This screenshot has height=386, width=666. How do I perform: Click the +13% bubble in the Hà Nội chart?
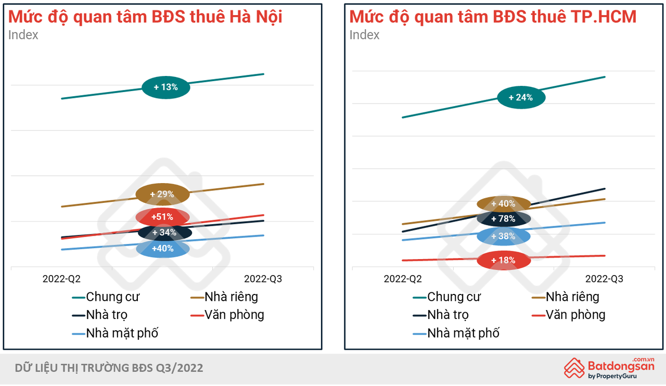(166, 87)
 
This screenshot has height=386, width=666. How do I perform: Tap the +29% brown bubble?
(162, 194)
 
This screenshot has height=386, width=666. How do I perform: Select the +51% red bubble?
(162, 217)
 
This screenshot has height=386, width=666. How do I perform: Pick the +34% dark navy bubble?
(164, 233)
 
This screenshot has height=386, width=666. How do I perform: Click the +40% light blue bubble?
(162, 249)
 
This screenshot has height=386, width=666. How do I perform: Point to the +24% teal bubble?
(521, 97)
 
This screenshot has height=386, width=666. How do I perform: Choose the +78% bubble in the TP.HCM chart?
(503, 219)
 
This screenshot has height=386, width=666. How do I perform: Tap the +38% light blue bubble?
(503, 236)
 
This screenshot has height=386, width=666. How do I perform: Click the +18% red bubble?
(503, 260)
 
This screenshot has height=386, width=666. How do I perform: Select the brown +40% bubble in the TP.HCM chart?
(503, 203)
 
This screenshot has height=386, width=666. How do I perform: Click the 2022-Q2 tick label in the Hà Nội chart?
(61, 279)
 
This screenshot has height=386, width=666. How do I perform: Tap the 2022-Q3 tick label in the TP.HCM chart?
(604, 279)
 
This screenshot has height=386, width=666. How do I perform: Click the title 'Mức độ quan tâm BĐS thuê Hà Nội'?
(145, 17)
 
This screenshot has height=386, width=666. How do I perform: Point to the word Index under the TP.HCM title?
(364, 35)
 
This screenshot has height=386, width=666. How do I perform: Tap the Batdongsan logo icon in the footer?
(574, 367)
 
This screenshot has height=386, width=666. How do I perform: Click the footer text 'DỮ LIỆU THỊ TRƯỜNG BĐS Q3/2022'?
(109, 368)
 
